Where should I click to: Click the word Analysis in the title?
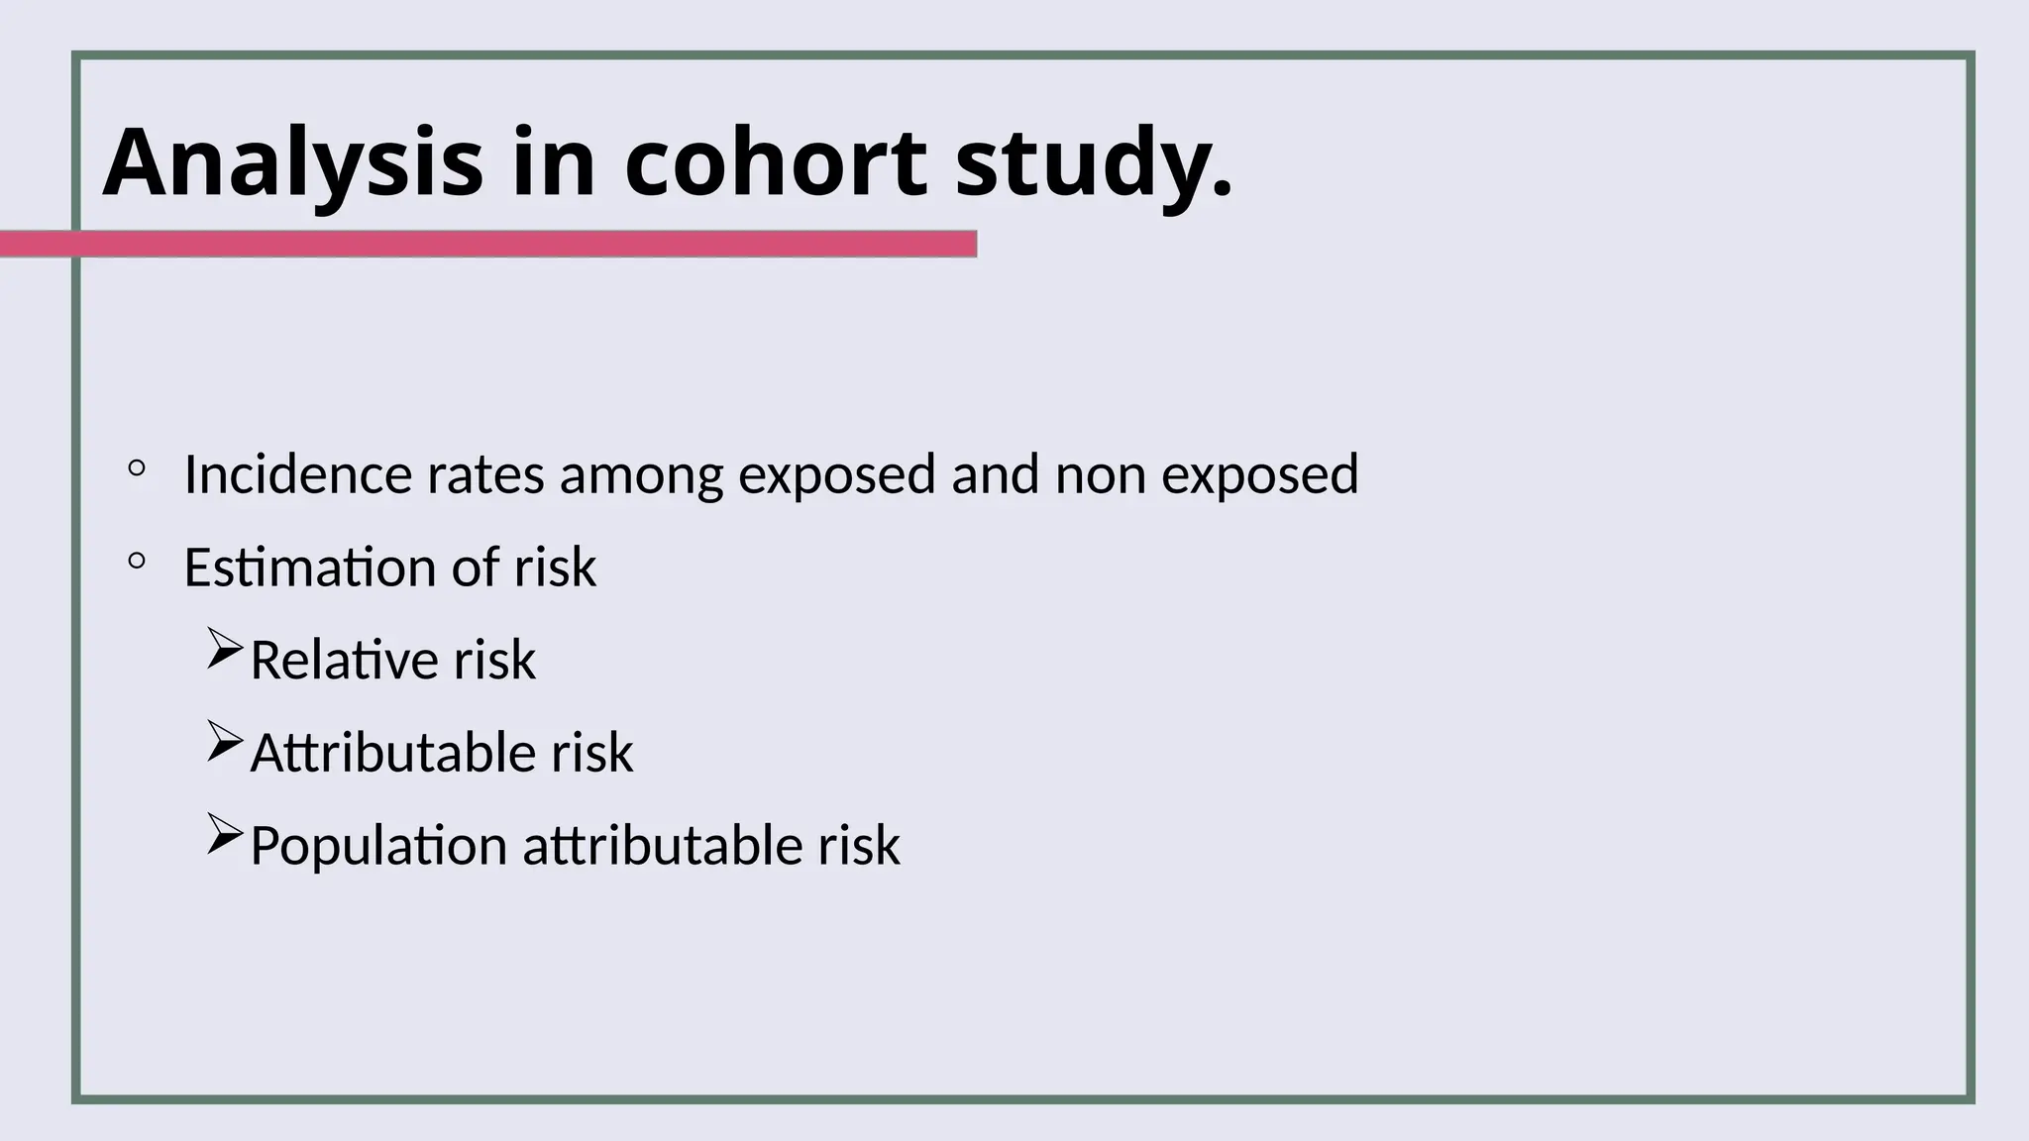click(x=292, y=162)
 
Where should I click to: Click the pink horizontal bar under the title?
click(x=487, y=244)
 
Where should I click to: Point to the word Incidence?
click(x=297, y=474)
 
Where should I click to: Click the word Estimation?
click(x=310, y=568)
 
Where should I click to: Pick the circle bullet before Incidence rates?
click(x=137, y=467)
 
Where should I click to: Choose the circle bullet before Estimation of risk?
click(x=137, y=562)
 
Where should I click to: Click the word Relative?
click(x=343, y=660)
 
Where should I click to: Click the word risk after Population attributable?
click(x=858, y=847)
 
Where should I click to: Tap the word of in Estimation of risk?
click(x=476, y=568)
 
